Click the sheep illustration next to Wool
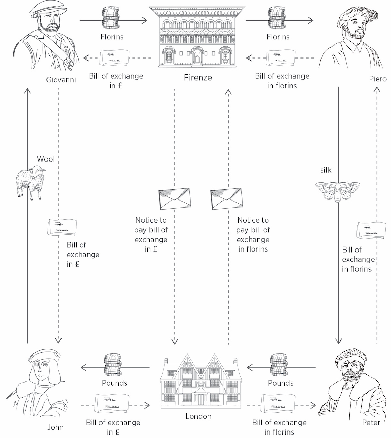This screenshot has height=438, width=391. (x=31, y=182)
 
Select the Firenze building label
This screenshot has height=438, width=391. (x=198, y=78)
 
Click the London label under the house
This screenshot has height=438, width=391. (x=198, y=416)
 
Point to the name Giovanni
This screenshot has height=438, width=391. (x=61, y=80)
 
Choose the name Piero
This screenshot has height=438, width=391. (x=378, y=79)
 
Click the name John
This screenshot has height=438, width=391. (x=55, y=427)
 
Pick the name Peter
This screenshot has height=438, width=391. (x=371, y=423)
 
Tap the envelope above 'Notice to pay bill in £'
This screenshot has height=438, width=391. (x=174, y=198)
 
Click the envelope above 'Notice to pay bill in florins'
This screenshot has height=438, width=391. (x=226, y=198)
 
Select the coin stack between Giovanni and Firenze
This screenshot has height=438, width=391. (x=110, y=19)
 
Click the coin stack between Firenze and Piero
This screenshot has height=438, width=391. (x=277, y=19)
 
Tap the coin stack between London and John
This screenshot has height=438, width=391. (x=113, y=365)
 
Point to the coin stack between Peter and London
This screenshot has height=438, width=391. (x=279, y=365)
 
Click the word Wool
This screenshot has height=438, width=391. (x=45, y=159)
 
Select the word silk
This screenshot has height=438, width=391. (x=326, y=170)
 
